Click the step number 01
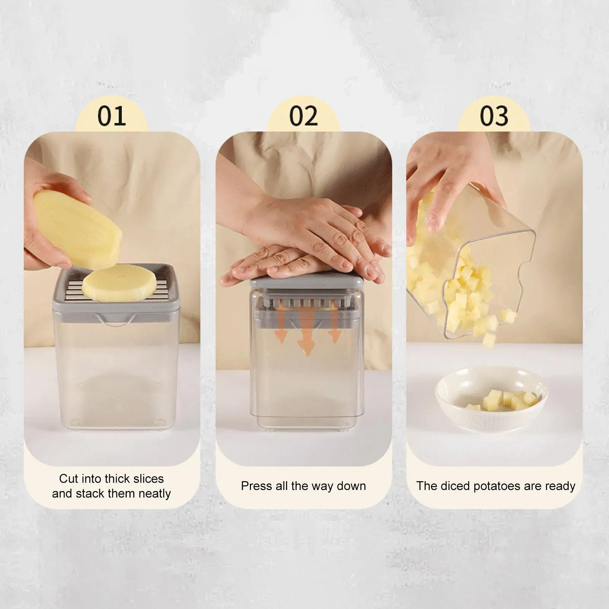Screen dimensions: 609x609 pyautogui.click(x=111, y=116)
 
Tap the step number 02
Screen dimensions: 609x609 pyautogui.click(x=303, y=116)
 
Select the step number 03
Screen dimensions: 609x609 pyautogui.click(x=494, y=116)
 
